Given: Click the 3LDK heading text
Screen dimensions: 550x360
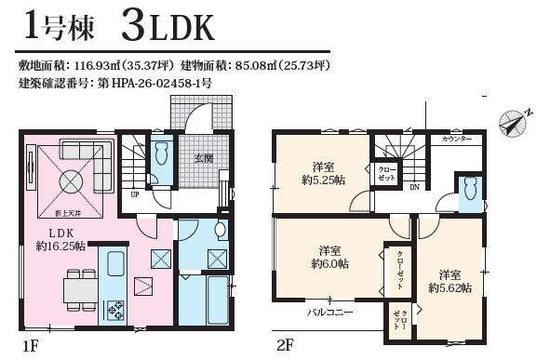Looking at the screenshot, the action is [x=168, y=27].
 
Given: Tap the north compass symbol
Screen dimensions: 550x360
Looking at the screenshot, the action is [x=515, y=122].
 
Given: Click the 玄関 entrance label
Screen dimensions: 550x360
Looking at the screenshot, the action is [x=204, y=158].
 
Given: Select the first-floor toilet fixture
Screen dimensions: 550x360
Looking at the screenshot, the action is [x=162, y=153].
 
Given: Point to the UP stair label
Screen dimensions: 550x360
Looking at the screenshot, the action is [x=135, y=194].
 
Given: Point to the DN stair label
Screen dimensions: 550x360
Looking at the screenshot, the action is [x=415, y=187].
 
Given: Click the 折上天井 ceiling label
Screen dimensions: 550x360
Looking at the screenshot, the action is [x=69, y=213].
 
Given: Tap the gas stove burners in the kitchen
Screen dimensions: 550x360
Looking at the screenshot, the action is [x=115, y=310].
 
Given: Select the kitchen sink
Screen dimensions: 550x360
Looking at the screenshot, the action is [x=115, y=263].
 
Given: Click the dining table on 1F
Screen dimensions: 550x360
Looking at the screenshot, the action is [x=81, y=290].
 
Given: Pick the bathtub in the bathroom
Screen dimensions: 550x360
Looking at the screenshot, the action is [x=218, y=300].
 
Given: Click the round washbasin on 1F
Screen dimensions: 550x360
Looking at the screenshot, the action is [x=221, y=230].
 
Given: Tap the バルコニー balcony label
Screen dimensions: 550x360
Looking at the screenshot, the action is [x=330, y=312].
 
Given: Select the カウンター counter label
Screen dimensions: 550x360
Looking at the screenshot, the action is [x=457, y=140].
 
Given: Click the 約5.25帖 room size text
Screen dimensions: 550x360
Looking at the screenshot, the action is [x=324, y=180].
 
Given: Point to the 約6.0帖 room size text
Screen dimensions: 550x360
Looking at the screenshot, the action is [x=329, y=263].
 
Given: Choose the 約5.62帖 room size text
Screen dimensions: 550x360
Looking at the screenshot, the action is [x=450, y=287].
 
